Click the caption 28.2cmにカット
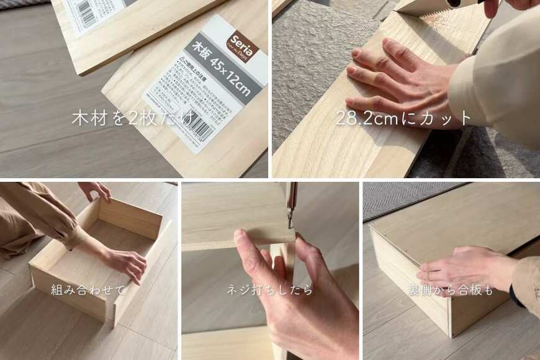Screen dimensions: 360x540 pos(403,118)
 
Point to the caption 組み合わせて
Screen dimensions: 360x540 pos(88,289)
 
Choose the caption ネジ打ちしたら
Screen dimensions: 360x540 pos(270,289)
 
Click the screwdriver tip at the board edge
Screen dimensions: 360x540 pos(289,220)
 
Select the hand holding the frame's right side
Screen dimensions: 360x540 pos(127,261)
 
